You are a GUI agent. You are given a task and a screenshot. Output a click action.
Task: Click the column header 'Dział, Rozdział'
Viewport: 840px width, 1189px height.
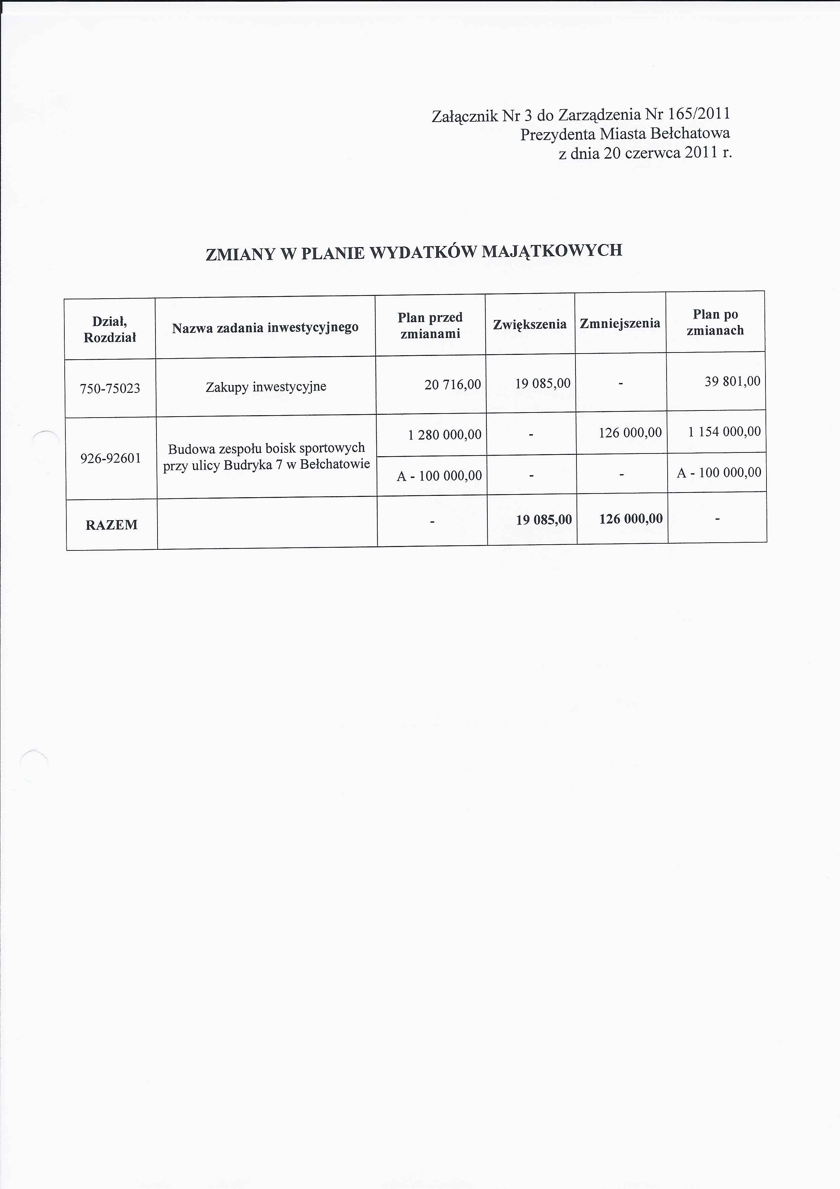110,329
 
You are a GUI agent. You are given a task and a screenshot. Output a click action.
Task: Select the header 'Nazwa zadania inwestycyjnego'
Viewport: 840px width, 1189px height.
265,328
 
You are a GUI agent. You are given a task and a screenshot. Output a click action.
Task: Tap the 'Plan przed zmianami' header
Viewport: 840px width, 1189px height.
430,325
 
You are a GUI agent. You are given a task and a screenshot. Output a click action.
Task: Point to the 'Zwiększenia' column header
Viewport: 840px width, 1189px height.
529,324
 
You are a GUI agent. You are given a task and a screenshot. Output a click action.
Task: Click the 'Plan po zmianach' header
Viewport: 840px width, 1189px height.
715,322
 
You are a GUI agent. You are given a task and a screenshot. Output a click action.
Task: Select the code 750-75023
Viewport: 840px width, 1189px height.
110,388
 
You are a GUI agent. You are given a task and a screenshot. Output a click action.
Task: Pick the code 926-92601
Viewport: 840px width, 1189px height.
111,458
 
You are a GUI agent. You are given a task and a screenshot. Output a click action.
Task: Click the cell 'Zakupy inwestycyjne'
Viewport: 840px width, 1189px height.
266,387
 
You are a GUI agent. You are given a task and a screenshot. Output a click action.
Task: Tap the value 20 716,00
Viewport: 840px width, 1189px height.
453,384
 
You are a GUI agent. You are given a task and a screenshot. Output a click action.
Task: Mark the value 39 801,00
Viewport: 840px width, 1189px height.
732,382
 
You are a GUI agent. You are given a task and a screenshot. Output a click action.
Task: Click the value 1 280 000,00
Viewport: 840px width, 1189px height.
445,435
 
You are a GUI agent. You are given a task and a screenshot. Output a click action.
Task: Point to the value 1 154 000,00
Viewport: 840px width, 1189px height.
724,431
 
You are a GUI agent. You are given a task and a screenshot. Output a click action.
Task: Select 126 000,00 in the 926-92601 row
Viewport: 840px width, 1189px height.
630,432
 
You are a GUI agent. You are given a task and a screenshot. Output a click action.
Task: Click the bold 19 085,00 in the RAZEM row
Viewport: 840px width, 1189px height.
543,519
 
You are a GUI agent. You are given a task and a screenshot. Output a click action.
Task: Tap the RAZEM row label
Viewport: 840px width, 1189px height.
111,525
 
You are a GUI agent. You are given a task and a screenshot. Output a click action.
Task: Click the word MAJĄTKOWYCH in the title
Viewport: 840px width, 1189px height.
552,251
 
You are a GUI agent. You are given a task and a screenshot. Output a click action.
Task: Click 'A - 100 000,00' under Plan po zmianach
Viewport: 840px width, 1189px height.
719,472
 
